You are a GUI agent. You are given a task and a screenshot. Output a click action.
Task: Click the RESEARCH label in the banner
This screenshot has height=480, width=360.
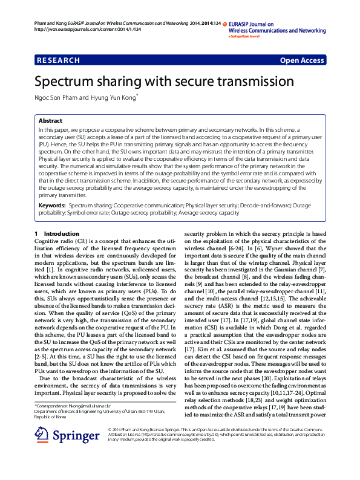click(x=58, y=60)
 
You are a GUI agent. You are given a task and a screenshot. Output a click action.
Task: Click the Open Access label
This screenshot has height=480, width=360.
click(x=302, y=60)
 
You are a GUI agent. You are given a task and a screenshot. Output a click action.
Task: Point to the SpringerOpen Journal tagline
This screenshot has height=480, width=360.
click(x=244, y=36)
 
